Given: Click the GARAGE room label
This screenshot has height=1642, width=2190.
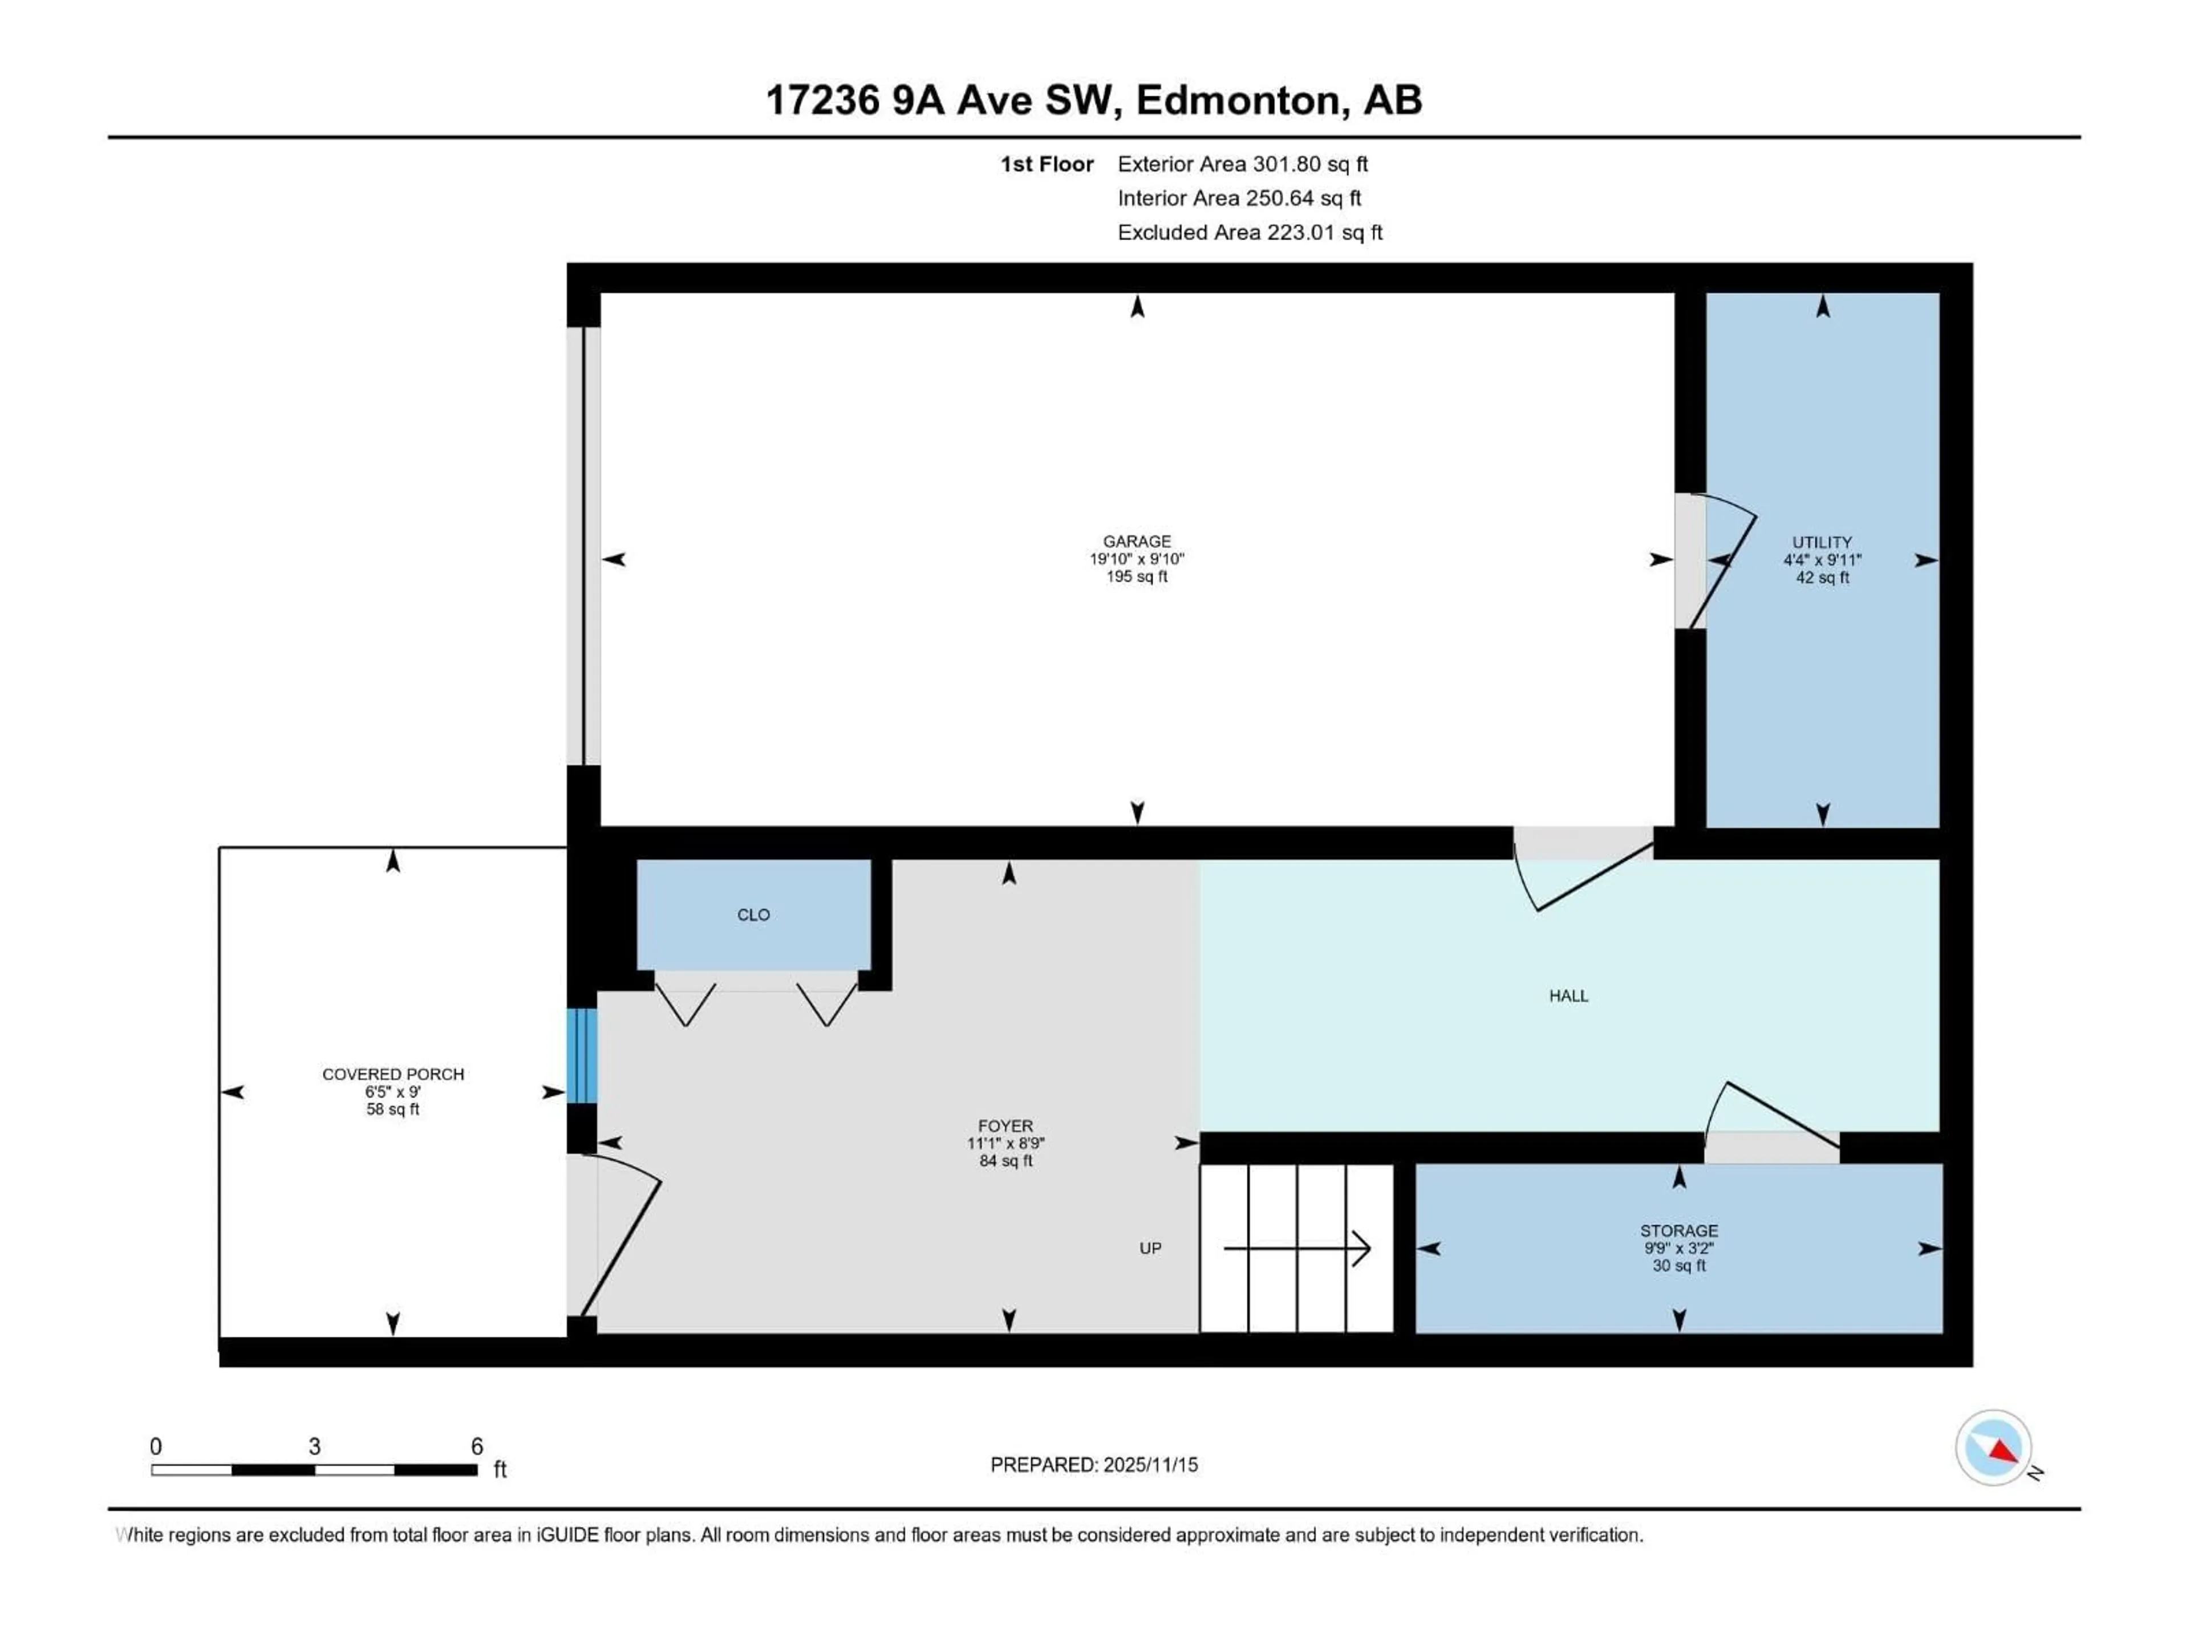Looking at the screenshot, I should pos(1137,542).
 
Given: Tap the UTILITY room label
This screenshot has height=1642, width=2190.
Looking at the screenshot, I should pos(1822,542).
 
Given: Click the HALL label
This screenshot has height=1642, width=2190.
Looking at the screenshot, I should pos(1568,995).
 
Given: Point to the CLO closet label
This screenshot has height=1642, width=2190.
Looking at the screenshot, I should pos(753,915).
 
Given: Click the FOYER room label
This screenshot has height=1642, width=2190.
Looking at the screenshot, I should pos(1005,1125).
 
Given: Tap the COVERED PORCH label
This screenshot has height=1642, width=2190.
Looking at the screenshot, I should pos(393,1074).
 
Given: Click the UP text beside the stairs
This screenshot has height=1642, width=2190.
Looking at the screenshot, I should pos(1149,1248).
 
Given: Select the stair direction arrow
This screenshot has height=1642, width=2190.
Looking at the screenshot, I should pos(1297,1248).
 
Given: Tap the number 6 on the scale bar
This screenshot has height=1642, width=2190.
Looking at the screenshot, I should pos(476,1446).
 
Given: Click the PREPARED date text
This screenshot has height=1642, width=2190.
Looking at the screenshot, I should pos(1094,1465).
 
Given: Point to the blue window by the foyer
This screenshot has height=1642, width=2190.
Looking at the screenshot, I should pos(582,1055).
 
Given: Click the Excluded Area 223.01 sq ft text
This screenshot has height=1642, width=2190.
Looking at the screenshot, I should pos(1250,233).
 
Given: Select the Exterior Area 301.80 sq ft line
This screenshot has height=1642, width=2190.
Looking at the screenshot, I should pos(1243,164).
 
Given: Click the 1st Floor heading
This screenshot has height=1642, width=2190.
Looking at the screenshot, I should pos(1047,164).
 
